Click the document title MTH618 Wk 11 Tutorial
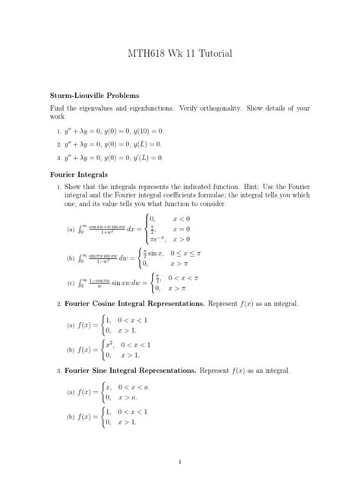click(x=180, y=54)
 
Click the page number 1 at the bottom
click(x=180, y=461)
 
